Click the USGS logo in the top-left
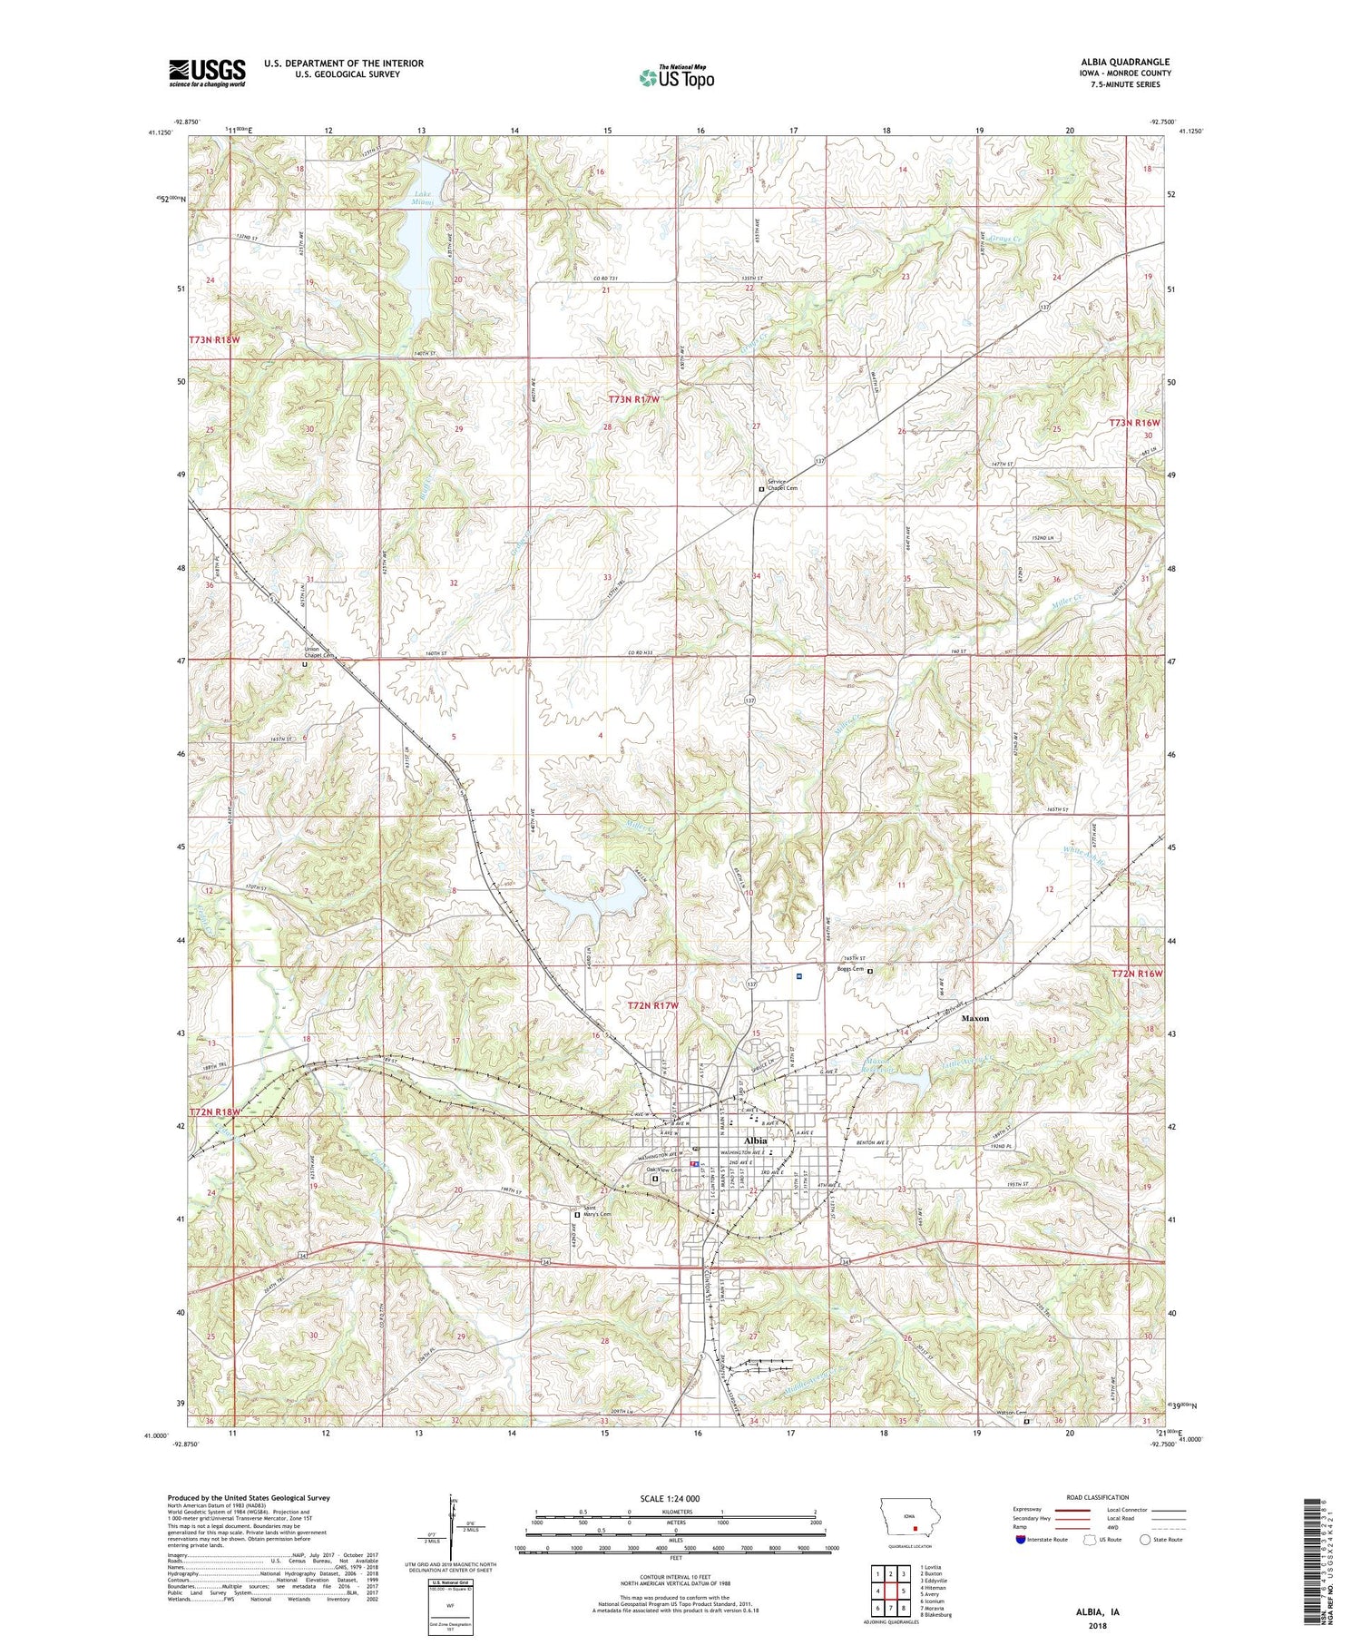click(x=207, y=73)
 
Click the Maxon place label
click(x=975, y=1018)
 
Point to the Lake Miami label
click(x=422, y=198)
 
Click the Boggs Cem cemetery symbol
click(x=870, y=972)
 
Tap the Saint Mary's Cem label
click(x=598, y=1211)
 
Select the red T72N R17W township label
click(x=653, y=1005)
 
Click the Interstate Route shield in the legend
click(x=1022, y=1540)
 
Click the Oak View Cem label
click(x=663, y=1170)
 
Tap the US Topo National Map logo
click(x=676, y=78)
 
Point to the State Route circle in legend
click(x=1146, y=1540)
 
